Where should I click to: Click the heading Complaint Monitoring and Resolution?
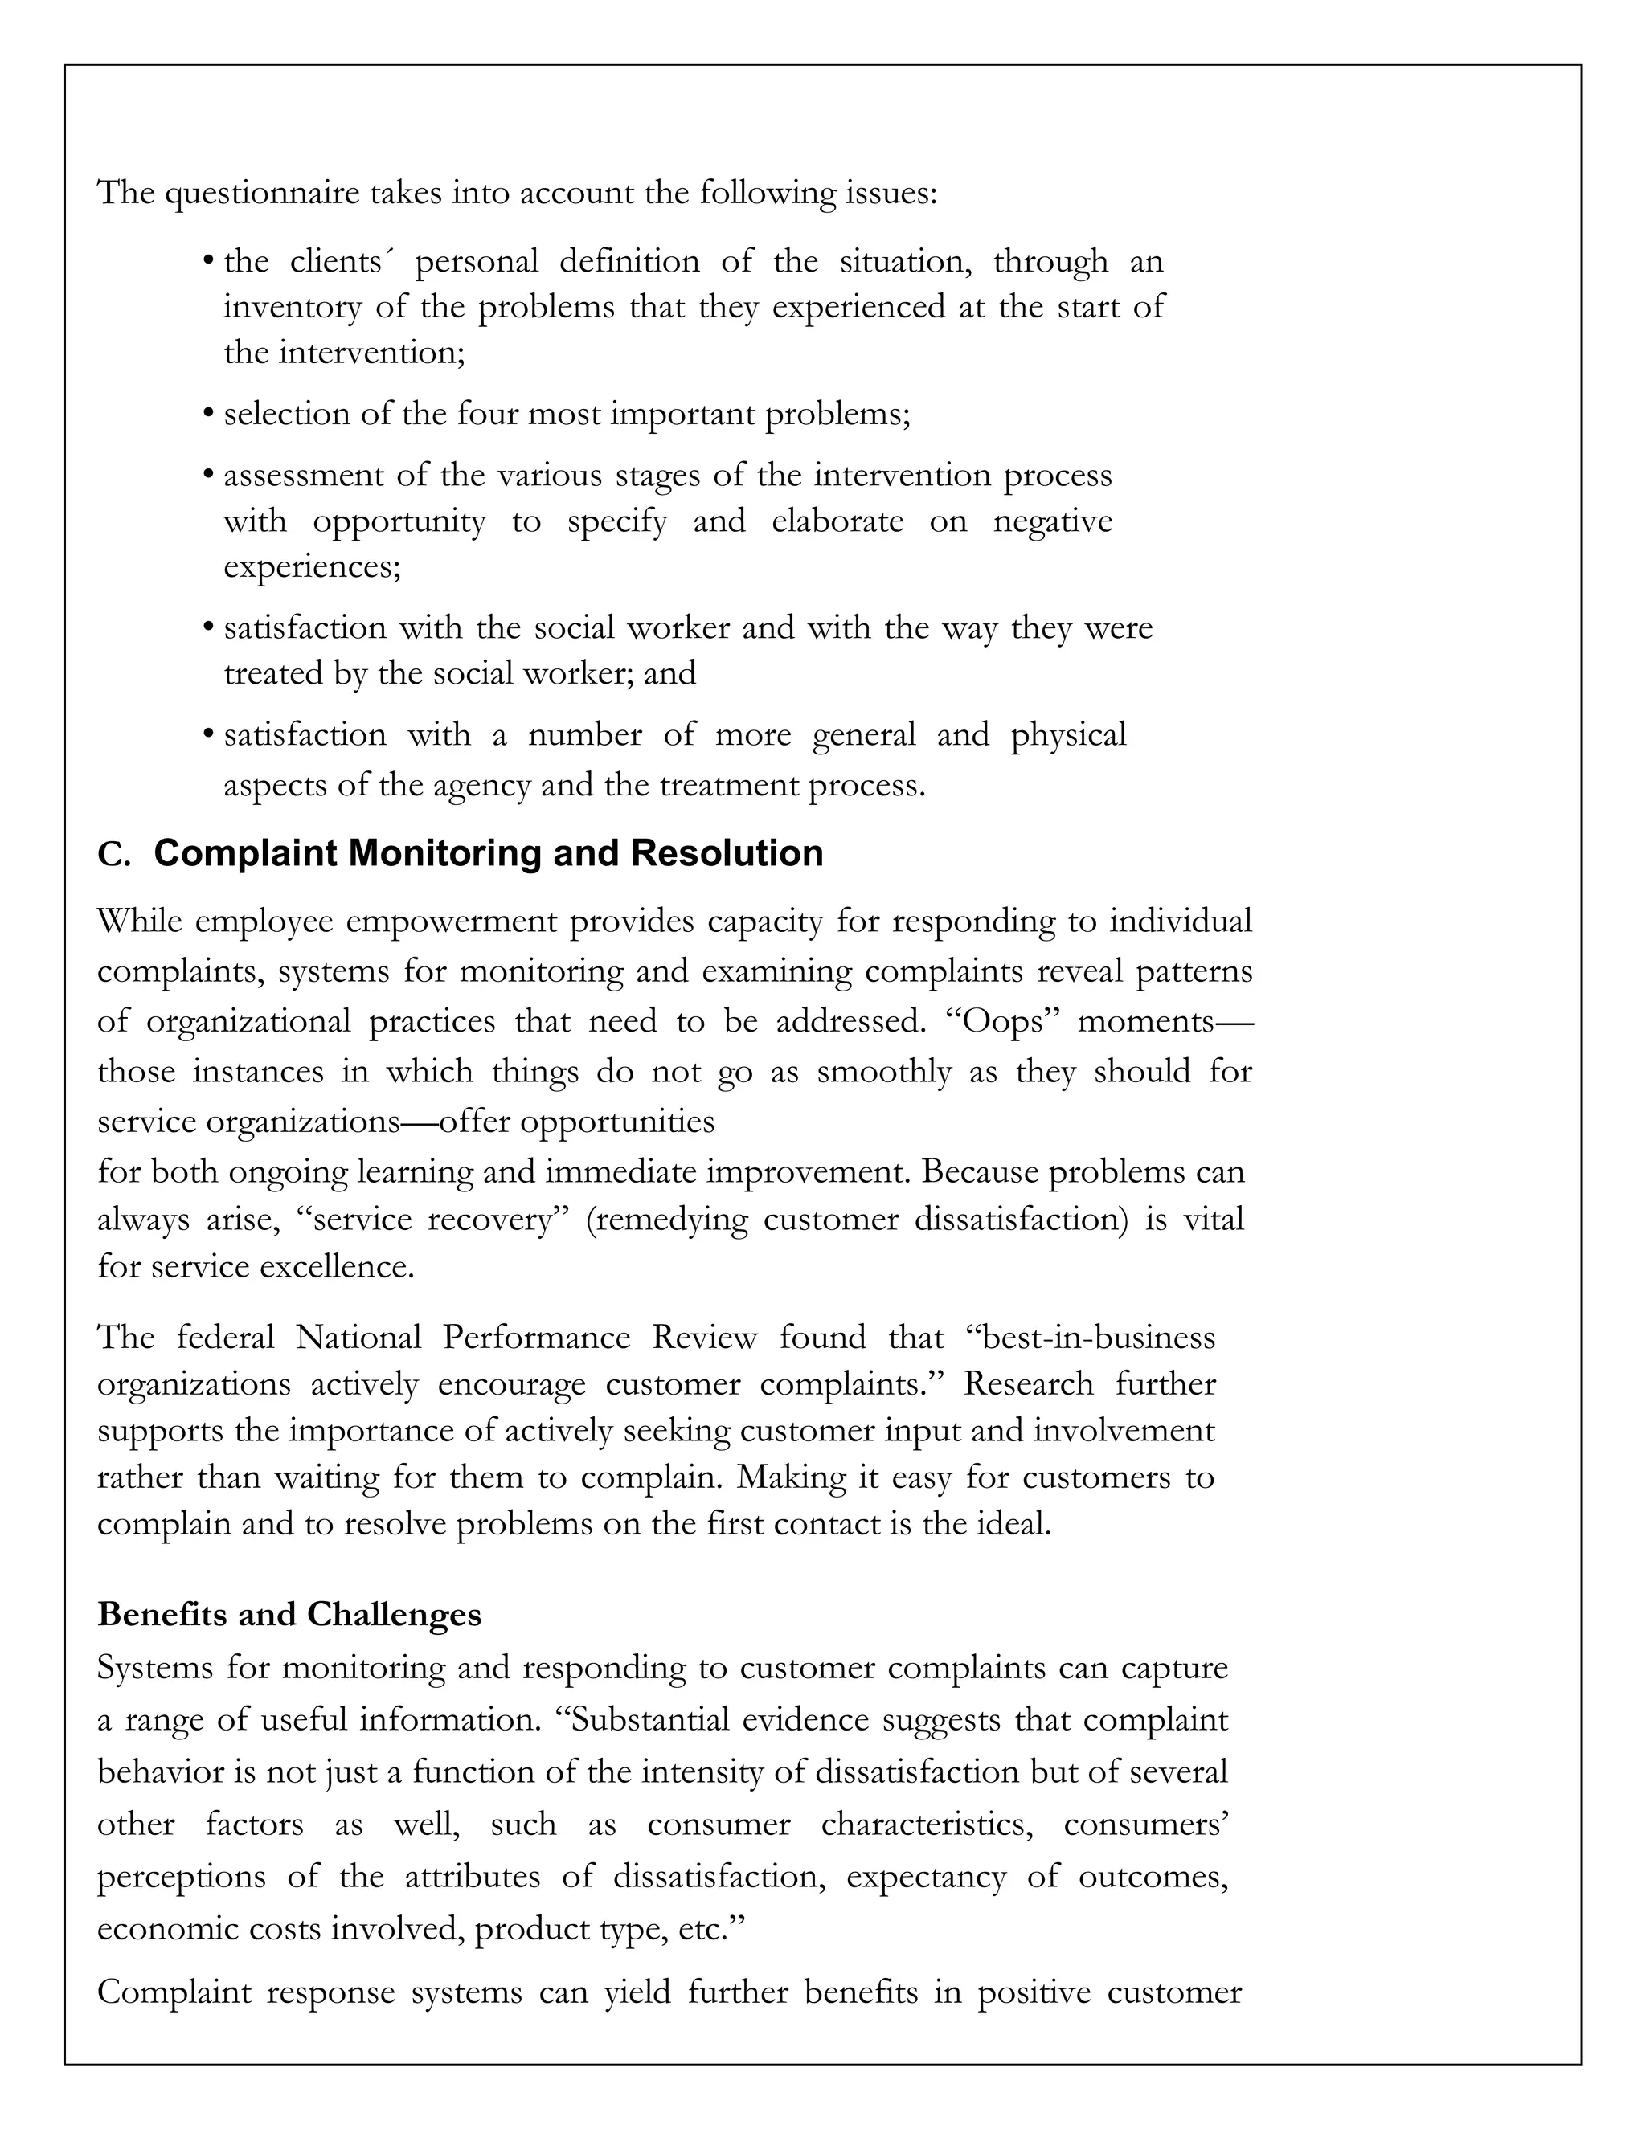click(x=489, y=853)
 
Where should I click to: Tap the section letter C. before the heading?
click(x=114, y=855)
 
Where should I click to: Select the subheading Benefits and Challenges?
click(x=289, y=1614)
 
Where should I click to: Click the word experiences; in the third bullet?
click(x=312, y=566)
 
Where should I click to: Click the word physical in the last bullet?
click(x=1069, y=734)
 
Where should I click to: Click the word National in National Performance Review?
click(x=358, y=1337)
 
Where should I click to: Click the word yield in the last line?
click(x=637, y=1992)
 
